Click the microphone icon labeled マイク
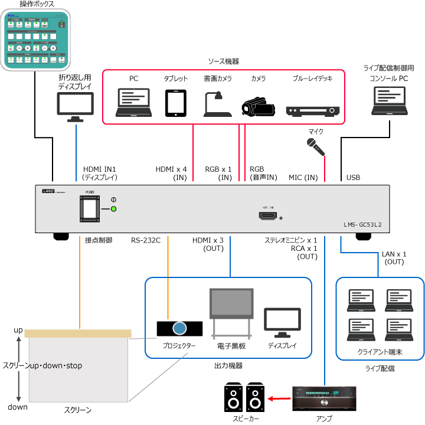316,146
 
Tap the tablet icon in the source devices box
175,103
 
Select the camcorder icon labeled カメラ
258,105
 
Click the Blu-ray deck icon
313,110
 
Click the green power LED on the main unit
114,209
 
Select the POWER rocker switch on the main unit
90,208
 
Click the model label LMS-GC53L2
363,225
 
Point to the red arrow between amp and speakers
277,400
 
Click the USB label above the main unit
353,177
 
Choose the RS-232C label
145,240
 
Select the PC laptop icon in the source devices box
134,103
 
